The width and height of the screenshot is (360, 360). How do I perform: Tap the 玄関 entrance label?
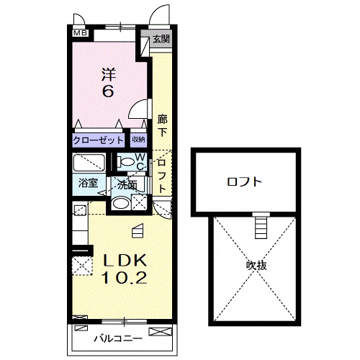click(161, 39)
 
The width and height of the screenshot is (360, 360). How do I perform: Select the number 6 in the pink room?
click(108, 91)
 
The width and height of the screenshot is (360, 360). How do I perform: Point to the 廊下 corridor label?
click(162, 126)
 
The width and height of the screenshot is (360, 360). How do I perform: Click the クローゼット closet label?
click(99, 140)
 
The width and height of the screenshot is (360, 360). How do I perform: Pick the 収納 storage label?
click(138, 140)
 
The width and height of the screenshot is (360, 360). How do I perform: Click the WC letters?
click(141, 161)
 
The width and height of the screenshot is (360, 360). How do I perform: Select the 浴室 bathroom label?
click(88, 184)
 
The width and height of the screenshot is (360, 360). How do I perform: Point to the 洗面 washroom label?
click(127, 185)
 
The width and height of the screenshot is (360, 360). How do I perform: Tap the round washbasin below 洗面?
click(122, 204)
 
